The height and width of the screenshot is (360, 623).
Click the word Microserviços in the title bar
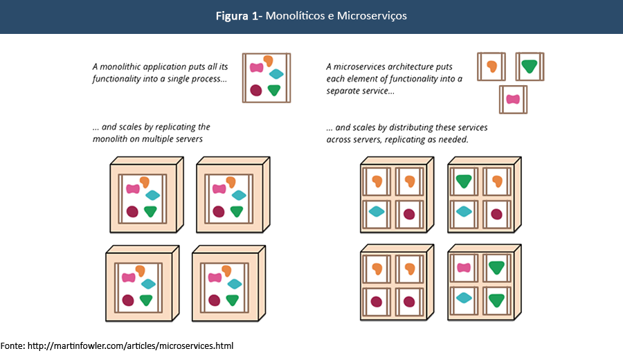point(372,16)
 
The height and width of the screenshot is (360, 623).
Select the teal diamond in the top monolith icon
point(276,74)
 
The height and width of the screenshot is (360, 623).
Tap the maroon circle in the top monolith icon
point(256,89)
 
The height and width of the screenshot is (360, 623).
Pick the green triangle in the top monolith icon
point(274,89)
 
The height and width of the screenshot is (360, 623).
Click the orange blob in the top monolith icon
point(268,61)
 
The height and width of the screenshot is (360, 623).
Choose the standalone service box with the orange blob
point(491,66)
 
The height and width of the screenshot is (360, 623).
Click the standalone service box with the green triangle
point(530,66)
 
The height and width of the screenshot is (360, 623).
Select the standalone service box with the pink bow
point(513,99)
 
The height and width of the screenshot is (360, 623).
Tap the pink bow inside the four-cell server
point(464,267)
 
